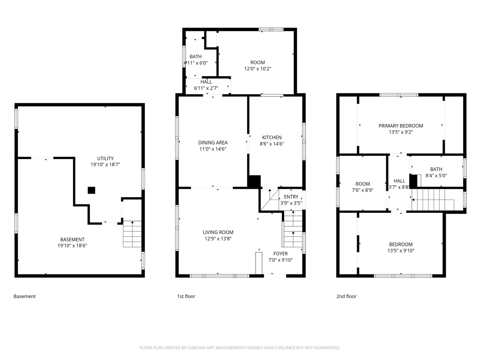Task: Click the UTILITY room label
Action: click(x=105, y=158)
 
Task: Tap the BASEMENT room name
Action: click(x=72, y=239)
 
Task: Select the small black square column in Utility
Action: click(x=91, y=190)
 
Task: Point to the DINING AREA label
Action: click(x=213, y=143)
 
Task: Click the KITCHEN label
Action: click(x=272, y=137)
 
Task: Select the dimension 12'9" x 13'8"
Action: click(x=218, y=239)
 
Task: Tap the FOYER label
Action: click(x=280, y=254)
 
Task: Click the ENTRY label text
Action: click(x=291, y=197)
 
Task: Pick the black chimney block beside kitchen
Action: click(x=254, y=182)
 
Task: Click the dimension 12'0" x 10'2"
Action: click(x=258, y=69)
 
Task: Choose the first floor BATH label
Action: click(x=196, y=57)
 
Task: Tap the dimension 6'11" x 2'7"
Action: click(x=206, y=88)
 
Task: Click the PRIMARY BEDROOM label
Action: click(x=401, y=126)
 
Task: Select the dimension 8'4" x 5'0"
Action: click(x=436, y=176)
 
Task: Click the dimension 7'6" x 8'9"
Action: click(x=363, y=190)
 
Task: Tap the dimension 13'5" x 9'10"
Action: click(x=401, y=251)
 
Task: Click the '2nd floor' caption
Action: click(x=346, y=296)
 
